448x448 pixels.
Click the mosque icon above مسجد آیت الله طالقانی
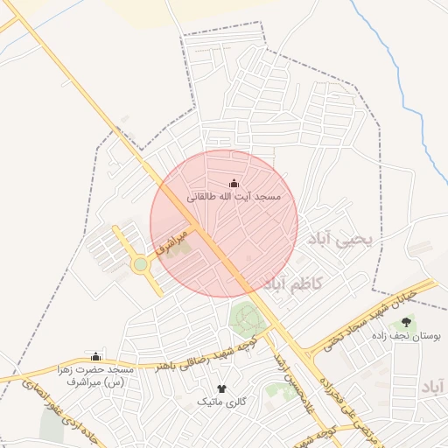click(x=234, y=184)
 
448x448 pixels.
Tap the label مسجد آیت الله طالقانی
click(x=234, y=198)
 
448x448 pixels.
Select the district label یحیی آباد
click(x=342, y=237)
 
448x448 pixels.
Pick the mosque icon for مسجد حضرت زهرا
click(x=96, y=357)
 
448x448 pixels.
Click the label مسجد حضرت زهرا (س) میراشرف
click(x=96, y=376)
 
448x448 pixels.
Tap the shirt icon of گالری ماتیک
click(x=220, y=388)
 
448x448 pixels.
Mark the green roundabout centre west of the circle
click(x=140, y=263)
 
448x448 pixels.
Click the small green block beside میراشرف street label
click(x=179, y=248)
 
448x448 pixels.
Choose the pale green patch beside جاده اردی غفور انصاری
click(x=52, y=426)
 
